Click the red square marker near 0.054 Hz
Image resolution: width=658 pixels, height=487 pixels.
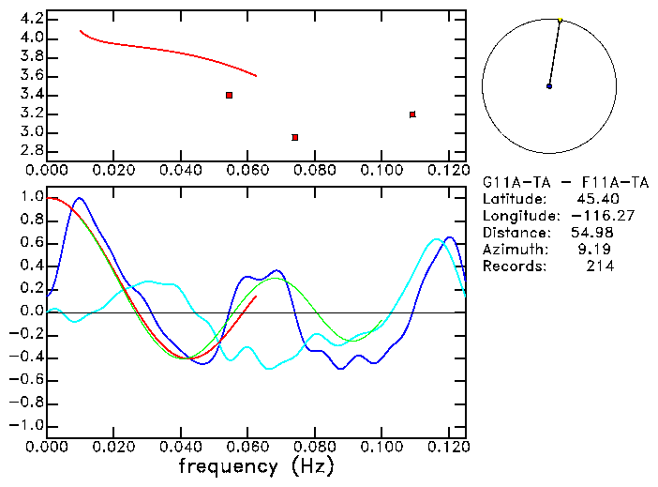[x=229, y=95]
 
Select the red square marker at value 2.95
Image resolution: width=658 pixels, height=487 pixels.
[x=295, y=137]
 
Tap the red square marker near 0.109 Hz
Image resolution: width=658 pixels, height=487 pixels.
[x=412, y=114]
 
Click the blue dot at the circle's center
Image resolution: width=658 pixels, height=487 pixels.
[x=549, y=86]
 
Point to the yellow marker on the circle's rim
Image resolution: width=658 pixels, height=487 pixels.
[x=560, y=19]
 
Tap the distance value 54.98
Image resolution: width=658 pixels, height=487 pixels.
[x=594, y=233]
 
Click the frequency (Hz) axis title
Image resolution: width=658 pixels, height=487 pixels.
[x=257, y=466]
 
